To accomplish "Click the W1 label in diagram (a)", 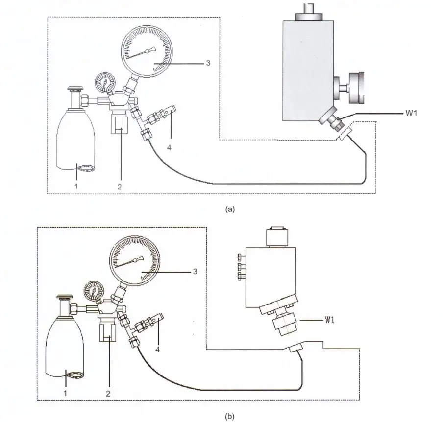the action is coord(411,113).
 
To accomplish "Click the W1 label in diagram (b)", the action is coord(329,320).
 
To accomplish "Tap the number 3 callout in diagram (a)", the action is coord(208,63).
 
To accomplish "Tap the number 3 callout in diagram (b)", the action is coord(195,272).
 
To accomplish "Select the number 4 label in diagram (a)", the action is coord(169,147).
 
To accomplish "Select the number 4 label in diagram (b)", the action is coord(157,350).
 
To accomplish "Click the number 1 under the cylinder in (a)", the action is coord(76,186).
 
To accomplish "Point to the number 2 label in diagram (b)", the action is coord(108,394).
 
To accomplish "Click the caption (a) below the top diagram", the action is coord(230,209).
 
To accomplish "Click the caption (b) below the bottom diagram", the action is coord(230,416).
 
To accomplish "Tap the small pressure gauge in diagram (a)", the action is coord(105,82).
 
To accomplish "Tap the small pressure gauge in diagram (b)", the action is coord(93,291).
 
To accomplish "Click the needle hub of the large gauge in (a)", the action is coord(147,51).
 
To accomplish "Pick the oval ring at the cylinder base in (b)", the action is coord(74,375).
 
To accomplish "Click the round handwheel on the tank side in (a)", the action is coord(356,88).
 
